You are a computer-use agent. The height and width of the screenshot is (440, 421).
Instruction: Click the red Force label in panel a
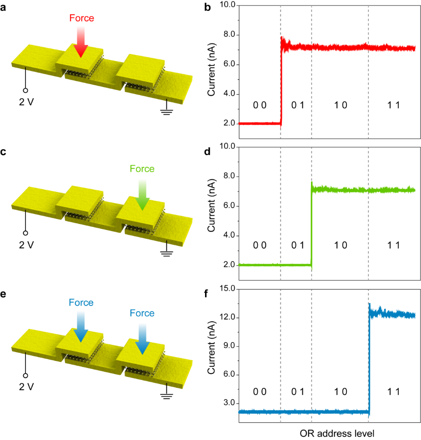[81, 18]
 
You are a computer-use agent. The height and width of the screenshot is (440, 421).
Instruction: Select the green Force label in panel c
[142, 169]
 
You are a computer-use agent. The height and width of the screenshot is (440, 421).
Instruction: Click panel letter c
[4, 152]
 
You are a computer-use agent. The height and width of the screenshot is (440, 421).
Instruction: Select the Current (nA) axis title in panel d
[211, 205]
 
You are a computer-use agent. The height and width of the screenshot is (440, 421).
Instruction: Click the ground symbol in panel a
[167, 111]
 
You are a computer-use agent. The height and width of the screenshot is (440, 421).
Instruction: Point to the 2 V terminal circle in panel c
[26, 233]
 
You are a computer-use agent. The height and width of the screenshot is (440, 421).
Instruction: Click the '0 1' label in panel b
[298, 105]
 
